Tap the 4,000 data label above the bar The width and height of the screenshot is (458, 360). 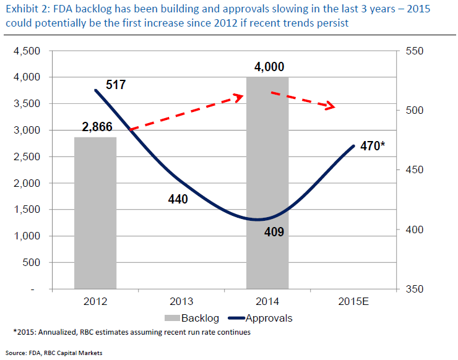[x=269, y=67]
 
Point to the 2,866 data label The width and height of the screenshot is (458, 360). [x=97, y=127]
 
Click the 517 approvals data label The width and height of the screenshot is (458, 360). [x=116, y=85]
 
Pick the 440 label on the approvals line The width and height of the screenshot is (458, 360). [x=177, y=199]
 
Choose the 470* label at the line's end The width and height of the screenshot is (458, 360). [x=373, y=147]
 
